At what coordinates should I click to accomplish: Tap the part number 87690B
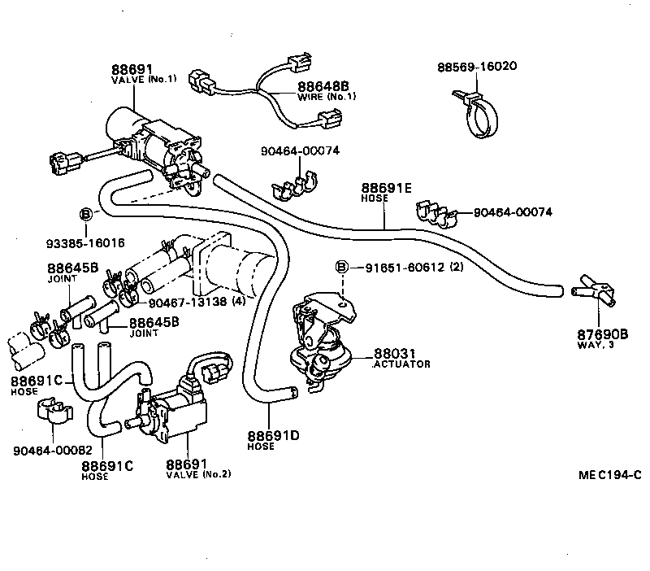603,333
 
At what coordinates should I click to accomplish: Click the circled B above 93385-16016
85,215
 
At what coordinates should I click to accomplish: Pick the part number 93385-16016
85,242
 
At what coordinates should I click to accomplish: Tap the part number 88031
391,354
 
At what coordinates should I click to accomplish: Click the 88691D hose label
274,436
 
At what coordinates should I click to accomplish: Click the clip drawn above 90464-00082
51,412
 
